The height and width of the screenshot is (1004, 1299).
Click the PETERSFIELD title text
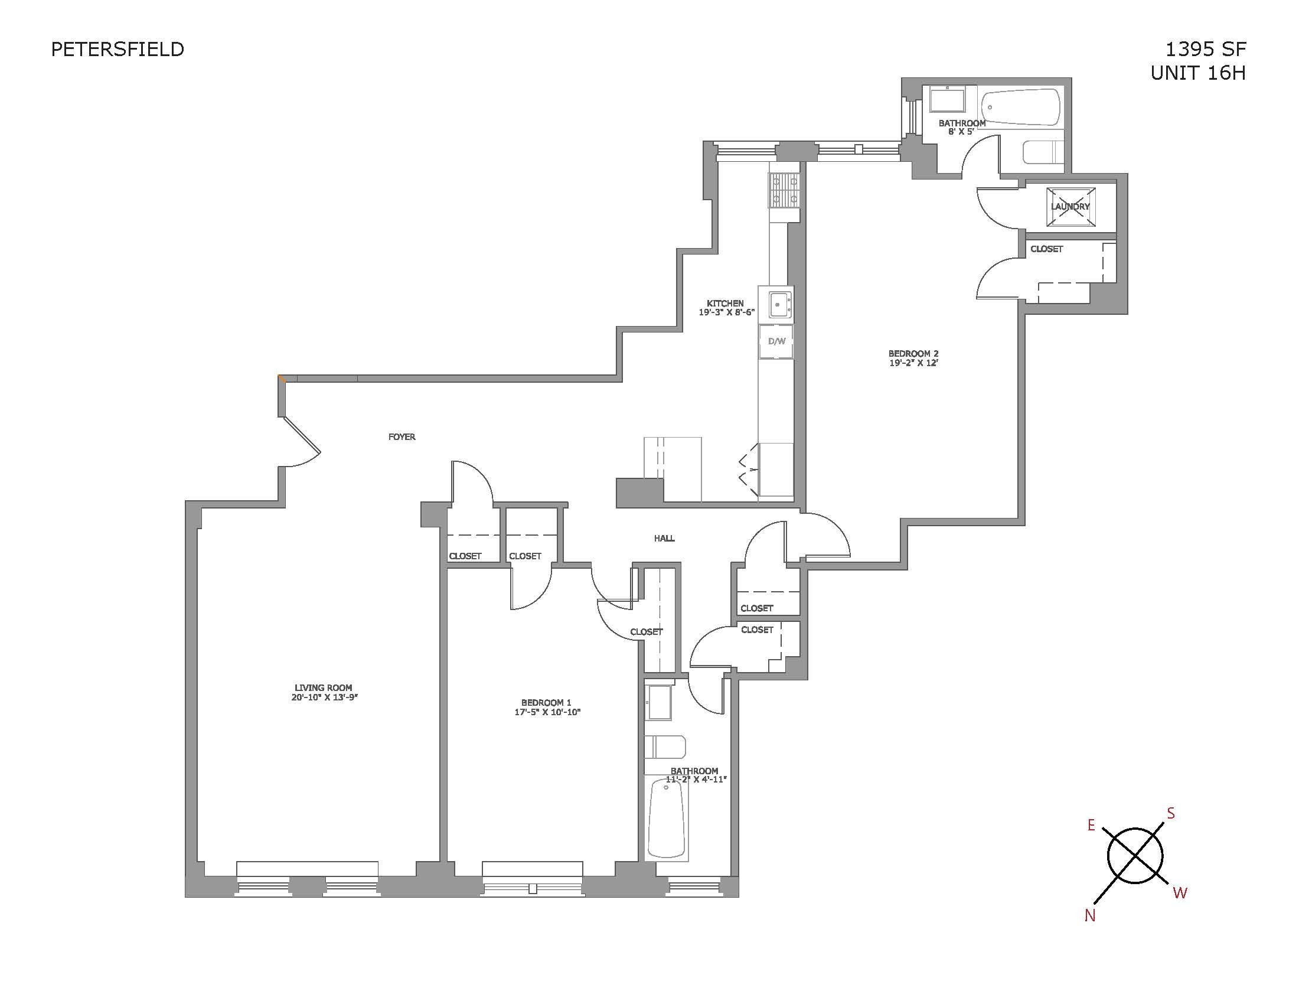[117, 50]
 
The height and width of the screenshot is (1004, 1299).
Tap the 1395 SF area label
[1205, 50]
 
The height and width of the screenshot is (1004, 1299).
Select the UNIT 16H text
[1197, 73]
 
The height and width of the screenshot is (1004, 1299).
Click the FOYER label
[402, 437]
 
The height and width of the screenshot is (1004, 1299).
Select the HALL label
[664, 538]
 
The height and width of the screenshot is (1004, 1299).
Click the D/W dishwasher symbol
[776, 341]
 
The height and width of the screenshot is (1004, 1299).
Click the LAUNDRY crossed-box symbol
[1070, 206]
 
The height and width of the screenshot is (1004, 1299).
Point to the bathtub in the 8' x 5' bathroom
[1020, 107]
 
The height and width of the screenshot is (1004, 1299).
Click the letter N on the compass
[1089, 916]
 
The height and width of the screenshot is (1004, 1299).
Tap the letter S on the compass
[1170, 813]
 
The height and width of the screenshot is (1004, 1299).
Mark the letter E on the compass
[1091, 825]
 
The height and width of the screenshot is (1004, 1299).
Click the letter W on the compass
[1180, 892]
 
